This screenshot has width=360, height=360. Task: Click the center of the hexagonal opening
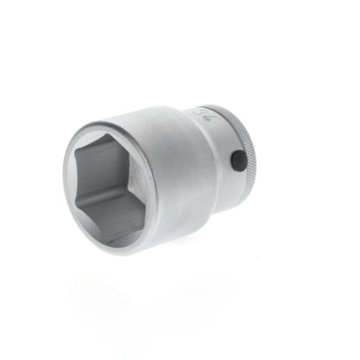107,188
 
